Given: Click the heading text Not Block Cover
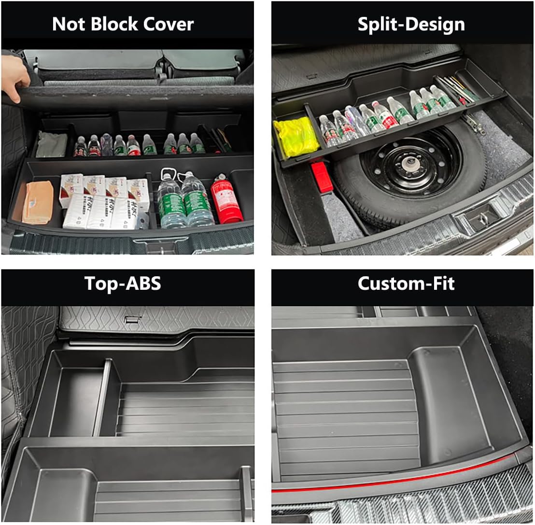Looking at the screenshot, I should click(x=123, y=24).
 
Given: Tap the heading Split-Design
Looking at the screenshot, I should click(x=411, y=24).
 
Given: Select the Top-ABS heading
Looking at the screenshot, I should click(x=123, y=283).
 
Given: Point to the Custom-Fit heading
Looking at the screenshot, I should click(x=406, y=283).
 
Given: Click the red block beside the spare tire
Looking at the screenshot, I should click(x=322, y=177).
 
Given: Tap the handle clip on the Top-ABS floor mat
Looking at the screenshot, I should click(x=129, y=320).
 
